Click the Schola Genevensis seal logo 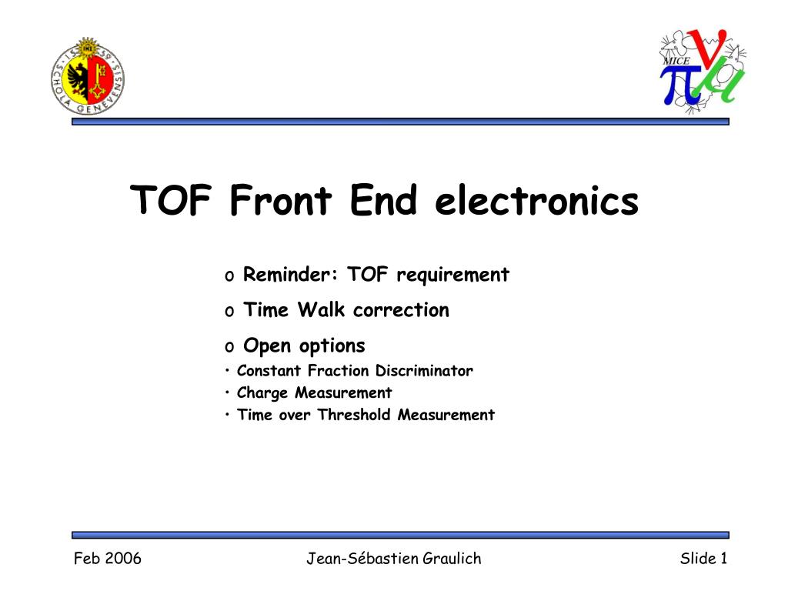pyautogui.click(x=88, y=76)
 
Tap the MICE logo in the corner pyautogui.click(x=703, y=70)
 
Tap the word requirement pyautogui.click(x=452, y=275)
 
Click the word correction pyautogui.click(x=401, y=310)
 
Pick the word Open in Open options pyautogui.click(x=267, y=346)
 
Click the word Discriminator pyautogui.click(x=424, y=370)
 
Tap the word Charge pyautogui.click(x=262, y=393)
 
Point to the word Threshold pyautogui.click(x=354, y=415)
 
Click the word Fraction pyautogui.click(x=339, y=370)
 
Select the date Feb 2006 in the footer pyautogui.click(x=108, y=559)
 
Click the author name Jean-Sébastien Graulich pyautogui.click(x=394, y=559)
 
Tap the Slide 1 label pyautogui.click(x=703, y=559)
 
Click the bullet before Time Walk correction pyautogui.click(x=229, y=312)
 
